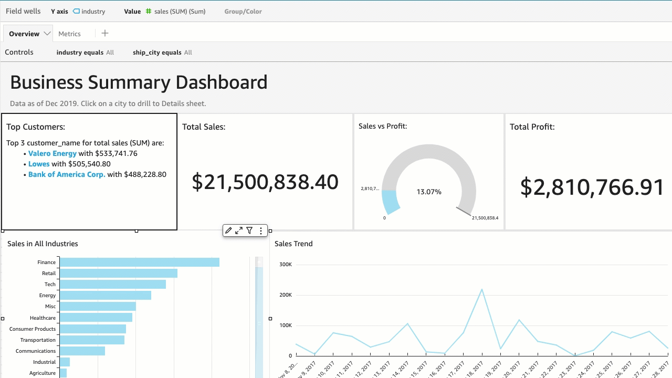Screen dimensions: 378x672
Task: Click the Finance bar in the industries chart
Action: (139, 262)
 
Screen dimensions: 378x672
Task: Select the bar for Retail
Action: (118, 273)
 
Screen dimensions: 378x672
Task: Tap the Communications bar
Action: (82, 351)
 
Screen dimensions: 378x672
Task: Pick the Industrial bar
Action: (65, 362)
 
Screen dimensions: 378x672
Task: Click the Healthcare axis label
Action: (43, 318)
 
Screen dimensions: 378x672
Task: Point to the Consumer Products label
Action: (32, 329)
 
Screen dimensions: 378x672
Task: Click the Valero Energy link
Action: (52, 153)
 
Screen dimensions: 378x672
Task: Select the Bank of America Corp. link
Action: (67, 174)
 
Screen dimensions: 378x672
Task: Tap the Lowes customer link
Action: (39, 164)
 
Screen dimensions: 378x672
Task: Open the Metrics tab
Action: (69, 34)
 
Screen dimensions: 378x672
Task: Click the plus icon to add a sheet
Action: (105, 33)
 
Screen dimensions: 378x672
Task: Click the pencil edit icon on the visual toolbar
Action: (228, 230)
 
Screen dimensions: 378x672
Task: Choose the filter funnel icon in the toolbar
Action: (250, 230)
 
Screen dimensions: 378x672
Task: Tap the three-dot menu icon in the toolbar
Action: (261, 230)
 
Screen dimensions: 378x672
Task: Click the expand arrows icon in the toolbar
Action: (239, 230)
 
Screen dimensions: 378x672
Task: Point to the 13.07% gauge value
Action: (429, 192)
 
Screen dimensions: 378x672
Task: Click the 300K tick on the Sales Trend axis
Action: (286, 265)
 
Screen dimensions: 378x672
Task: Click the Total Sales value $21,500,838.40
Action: (265, 182)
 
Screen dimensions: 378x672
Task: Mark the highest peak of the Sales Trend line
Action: (482, 289)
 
